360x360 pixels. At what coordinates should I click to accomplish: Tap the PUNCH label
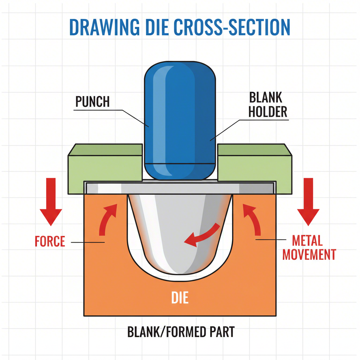(92, 102)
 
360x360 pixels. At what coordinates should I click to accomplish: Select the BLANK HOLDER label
(268, 105)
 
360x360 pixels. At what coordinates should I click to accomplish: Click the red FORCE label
(50, 242)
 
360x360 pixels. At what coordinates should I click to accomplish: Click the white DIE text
(180, 298)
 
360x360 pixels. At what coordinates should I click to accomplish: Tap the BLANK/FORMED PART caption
(180, 332)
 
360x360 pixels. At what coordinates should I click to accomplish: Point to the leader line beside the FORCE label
(88, 242)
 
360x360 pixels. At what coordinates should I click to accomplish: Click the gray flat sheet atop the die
(180, 188)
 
